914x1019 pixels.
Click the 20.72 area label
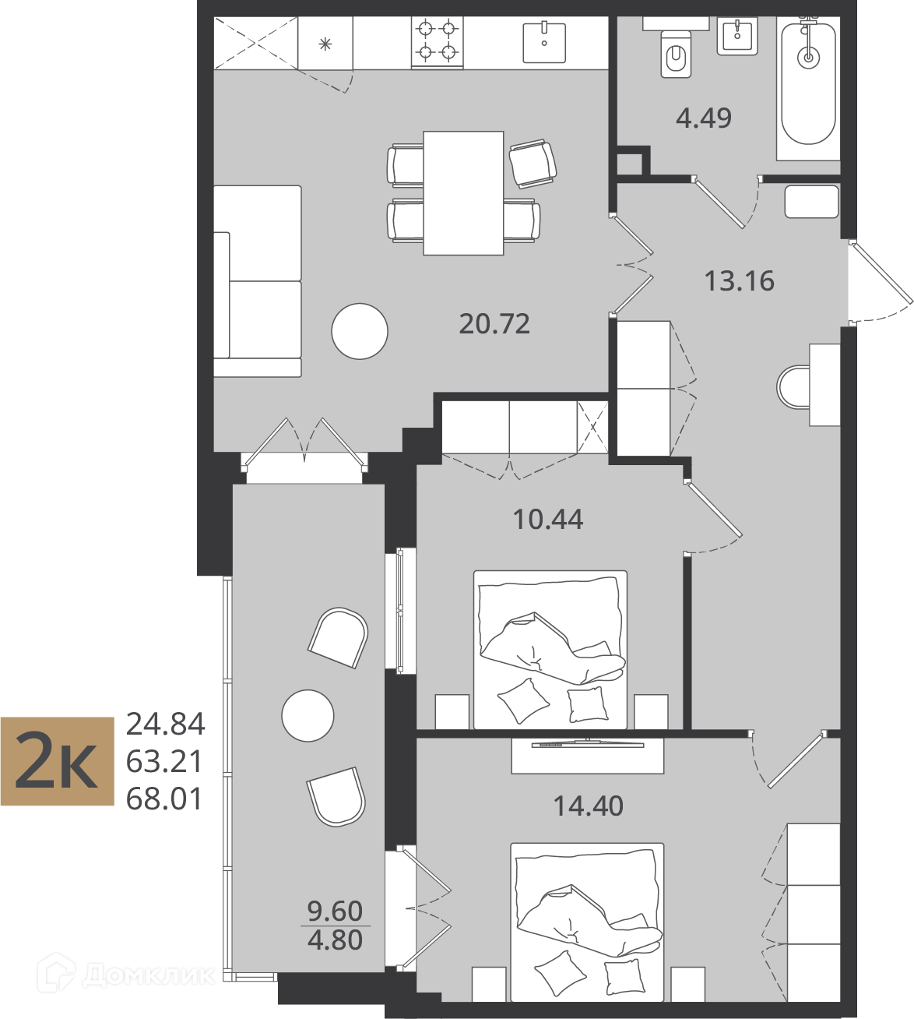pyautogui.click(x=494, y=324)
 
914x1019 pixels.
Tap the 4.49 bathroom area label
pyautogui.click(x=703, y=118)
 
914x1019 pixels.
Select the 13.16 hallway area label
pyautogui.click(x=739, y=280)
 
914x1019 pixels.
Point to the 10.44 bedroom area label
pyautogui.click(x=548, y=519)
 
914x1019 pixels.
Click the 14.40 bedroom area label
pyautogui.click(x=589, y=806)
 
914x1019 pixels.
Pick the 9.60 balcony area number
pyautogui.click(x=335, y=911)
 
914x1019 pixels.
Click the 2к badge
pyautogui.click(x=58, y=761)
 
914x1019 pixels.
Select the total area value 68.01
pyautogui.click(x=164, y=799)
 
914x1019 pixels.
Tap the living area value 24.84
pyautogui.click(x=165, y=725)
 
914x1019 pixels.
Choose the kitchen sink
pyautogui.click(x=544, y=42)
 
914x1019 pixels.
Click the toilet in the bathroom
pyautogui.click(x=676, y=55)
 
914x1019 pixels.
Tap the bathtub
pyautogui.click(x=808, y=85)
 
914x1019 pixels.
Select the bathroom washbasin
pyautogui.click(x=737, y=36)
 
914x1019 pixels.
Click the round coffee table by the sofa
pyautogui.click(x=360, y=331)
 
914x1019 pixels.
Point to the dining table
pyautogui.click(x=463, y=193)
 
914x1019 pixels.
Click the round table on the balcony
pyautogui.click(x=308, y=715)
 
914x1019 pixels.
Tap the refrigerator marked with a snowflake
pyautogui.click(x=325, y=43)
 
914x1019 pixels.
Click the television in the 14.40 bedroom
pyautogui.click(x=588, y=744)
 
